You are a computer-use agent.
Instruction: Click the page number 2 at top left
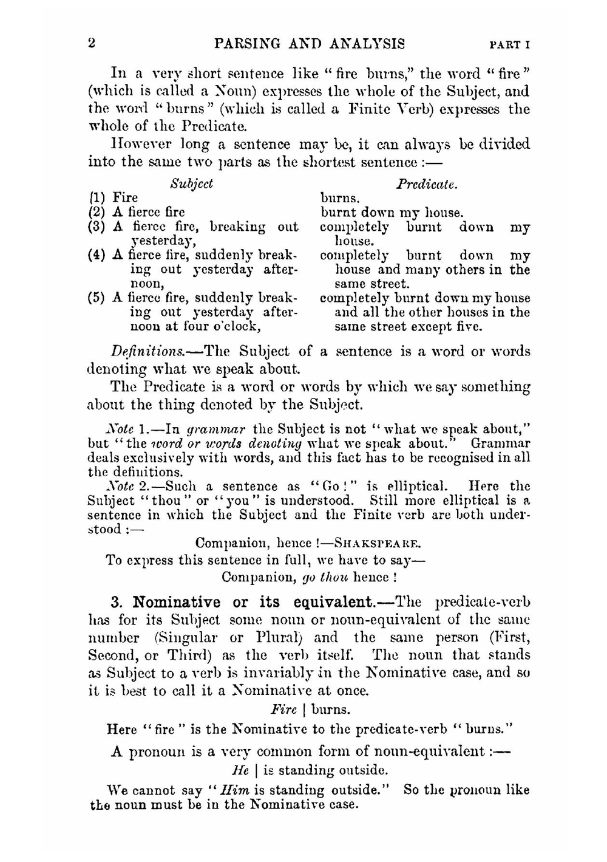click(92, 44)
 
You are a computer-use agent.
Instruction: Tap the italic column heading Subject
click(191, 183)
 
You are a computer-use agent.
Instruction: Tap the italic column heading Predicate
click(427, 183)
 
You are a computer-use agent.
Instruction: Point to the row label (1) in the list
click(96, 198)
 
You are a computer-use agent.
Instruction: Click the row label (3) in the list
click(97, 227)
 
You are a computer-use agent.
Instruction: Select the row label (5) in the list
click(97, 298)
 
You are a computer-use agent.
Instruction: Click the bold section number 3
click(117, 603)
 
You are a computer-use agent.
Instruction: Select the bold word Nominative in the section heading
click(177, 603)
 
